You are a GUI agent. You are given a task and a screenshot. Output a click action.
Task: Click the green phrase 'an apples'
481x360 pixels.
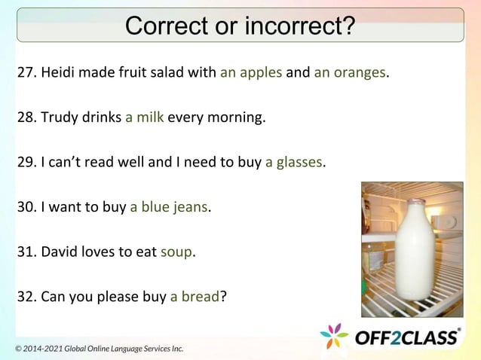click(251, 74)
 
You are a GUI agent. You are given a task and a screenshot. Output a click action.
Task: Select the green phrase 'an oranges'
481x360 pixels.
click(349, 74)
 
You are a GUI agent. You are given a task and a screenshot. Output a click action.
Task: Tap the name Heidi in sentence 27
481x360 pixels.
click(57, 74)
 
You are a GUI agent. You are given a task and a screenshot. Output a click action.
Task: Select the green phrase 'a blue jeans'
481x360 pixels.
click(169, 206)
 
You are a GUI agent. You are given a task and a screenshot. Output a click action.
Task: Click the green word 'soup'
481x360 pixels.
click(176, 252)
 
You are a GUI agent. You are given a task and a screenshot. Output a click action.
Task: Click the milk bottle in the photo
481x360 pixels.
click(414, 252)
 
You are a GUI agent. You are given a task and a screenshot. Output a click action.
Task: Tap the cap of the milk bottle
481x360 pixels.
click(415, 202)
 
